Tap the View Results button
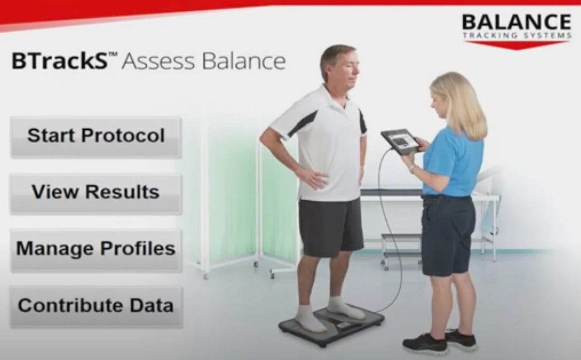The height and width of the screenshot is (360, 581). coord(95,193)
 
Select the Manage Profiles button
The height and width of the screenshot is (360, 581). coord(95,249)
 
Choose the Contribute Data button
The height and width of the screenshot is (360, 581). coord(95,306)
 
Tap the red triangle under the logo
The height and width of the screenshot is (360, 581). coord(516,45)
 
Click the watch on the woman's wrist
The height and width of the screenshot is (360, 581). coord(412,169)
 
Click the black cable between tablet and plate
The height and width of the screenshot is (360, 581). coord(385,218)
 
